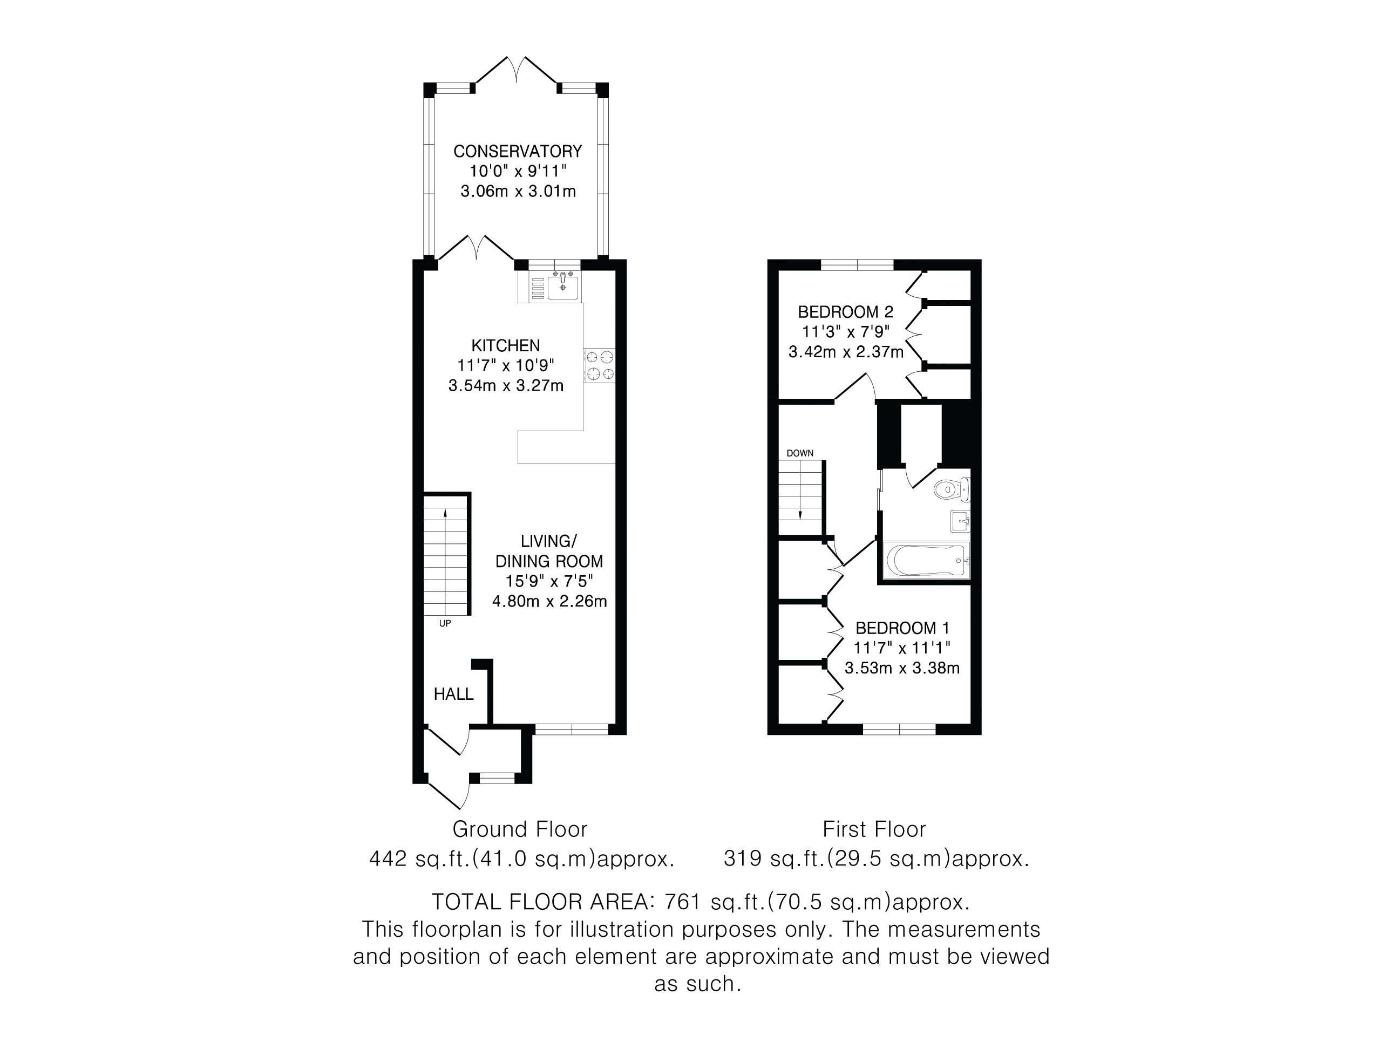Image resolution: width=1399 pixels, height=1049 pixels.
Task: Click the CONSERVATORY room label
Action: click(518, 151)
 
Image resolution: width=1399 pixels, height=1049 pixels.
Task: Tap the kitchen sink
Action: click(562, 288)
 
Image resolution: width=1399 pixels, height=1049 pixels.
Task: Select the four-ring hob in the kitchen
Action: click(599, 365)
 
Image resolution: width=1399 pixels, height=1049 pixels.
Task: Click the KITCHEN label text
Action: click(506, 345)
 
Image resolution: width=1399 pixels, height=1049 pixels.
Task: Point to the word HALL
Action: click(453, 694)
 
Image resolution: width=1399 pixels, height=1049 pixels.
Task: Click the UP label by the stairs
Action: click(445, 623)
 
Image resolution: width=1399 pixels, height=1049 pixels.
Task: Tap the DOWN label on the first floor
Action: click(800, 453)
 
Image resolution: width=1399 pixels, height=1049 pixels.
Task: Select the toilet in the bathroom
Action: click(951, 489)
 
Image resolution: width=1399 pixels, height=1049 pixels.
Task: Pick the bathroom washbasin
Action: click(960, 522)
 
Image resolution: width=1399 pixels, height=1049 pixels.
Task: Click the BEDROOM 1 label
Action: click(902, 628)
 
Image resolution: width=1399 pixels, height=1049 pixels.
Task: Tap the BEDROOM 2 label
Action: click(846, 312)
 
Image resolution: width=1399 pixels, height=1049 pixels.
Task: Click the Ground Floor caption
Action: click(520, 829)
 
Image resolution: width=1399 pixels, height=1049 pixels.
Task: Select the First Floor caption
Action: click(874, 829)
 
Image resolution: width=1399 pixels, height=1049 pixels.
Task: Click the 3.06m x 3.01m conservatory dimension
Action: click(518, 191)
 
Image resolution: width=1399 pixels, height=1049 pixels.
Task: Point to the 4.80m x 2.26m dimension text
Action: click(549, 601)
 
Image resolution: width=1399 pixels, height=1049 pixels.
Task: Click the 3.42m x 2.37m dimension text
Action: click(846, 352)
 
